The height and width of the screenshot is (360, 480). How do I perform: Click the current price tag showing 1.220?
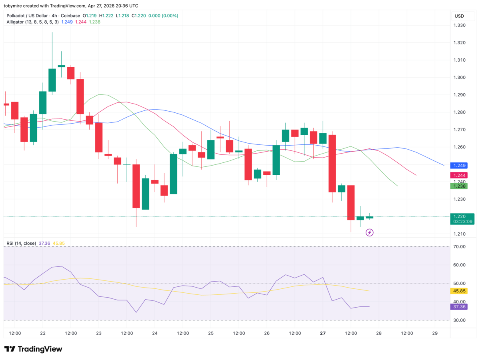[x=462, y=216]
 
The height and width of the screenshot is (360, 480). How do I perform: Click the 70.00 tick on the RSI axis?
[x=459, y=246]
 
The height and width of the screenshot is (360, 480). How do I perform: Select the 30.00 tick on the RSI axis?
[x=459, y=320]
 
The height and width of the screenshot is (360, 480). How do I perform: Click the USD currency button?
[x=459, y=16]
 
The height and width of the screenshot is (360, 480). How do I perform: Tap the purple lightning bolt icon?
[x=370, y=232]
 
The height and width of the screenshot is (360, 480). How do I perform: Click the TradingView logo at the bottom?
[x=33, y=349]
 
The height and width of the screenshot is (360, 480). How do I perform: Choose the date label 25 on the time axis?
[x=211, y=333]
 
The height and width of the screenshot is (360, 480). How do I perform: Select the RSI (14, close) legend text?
[x=21, y=243]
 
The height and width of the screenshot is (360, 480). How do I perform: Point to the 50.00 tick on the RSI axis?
[x=459, y=283]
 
